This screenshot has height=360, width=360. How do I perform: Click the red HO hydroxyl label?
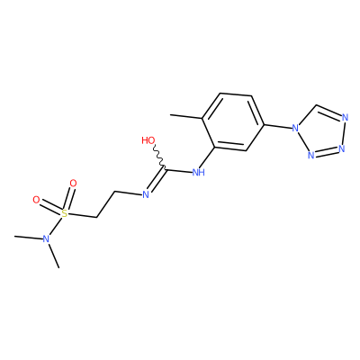point(148,140)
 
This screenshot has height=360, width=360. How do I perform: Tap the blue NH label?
point(198,173)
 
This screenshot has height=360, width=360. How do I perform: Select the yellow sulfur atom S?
point(64,213)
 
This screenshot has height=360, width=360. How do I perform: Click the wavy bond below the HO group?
point(159,157)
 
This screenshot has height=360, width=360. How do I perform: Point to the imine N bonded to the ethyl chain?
point(146,195)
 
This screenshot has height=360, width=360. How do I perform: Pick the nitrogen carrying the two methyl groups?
point(46,238)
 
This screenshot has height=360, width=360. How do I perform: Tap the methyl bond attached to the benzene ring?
point(186,116)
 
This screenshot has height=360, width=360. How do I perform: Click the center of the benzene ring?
point(233,122)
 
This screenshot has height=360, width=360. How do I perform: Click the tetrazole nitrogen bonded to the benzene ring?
point(295,129)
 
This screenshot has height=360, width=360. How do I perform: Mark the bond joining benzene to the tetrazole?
point(278,126)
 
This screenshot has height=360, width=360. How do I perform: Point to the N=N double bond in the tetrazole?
point(326,152)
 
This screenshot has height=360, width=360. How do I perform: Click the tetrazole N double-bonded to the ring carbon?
point(345,118)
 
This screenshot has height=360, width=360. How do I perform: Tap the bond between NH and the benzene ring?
point(208,157)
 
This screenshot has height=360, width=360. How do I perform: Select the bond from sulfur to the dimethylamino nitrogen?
point(56,226)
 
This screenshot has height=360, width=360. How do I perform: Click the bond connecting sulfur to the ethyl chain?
point(82,215)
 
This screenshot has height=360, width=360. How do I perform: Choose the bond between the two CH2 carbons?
point(105,204)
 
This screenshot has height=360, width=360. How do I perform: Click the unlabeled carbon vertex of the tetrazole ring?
point(315,106)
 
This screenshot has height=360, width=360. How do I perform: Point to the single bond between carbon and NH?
point(179,171)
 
